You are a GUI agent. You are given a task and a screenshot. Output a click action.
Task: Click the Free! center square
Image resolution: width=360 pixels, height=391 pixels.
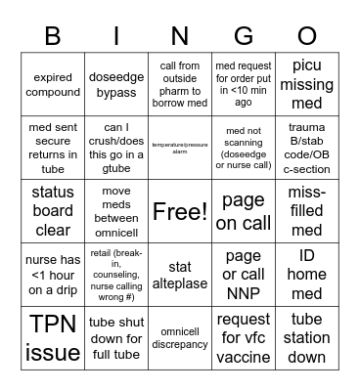point(180,210)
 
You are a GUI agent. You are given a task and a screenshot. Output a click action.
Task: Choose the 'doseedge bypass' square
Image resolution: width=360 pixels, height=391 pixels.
point(116,85)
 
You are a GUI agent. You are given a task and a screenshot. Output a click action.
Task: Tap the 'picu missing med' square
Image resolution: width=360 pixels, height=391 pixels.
point(306,85)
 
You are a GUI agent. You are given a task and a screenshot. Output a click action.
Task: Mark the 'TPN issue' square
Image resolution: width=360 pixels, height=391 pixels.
point(53,337)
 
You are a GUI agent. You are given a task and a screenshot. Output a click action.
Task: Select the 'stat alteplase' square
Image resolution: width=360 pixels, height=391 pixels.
point(180,275)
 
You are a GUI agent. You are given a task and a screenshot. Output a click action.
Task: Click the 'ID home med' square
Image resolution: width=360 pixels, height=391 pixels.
point(306,275)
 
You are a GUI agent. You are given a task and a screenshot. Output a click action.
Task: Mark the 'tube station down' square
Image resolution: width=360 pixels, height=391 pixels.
point(306,337)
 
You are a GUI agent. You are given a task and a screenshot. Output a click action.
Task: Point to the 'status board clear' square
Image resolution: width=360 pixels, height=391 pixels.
point(53,210)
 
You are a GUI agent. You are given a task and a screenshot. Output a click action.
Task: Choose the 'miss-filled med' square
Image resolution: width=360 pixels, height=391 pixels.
point(306,210)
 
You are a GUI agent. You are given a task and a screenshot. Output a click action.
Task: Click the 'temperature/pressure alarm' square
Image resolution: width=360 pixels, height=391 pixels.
point(180,149)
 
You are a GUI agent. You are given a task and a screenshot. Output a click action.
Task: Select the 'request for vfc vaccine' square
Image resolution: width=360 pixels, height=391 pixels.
point(244,337)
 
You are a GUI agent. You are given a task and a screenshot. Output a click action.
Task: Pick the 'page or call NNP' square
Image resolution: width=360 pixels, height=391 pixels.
point(244,275)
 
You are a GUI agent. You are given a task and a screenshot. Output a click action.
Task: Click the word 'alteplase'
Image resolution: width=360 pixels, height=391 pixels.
point(180,283)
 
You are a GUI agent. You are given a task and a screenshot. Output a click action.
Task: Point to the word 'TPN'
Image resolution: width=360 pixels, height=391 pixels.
point(53,324)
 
